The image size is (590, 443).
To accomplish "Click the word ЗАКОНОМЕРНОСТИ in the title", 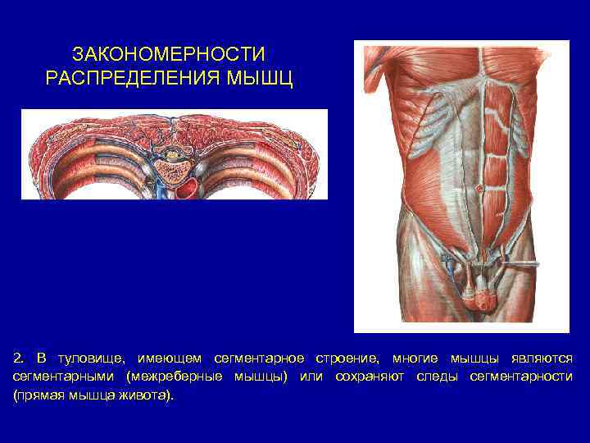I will [x=169, y=55].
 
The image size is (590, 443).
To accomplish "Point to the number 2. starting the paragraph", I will [x=19, y=359].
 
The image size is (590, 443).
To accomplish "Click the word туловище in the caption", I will [x=90, y=359].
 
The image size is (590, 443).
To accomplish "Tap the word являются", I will [x=542, y=359].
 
